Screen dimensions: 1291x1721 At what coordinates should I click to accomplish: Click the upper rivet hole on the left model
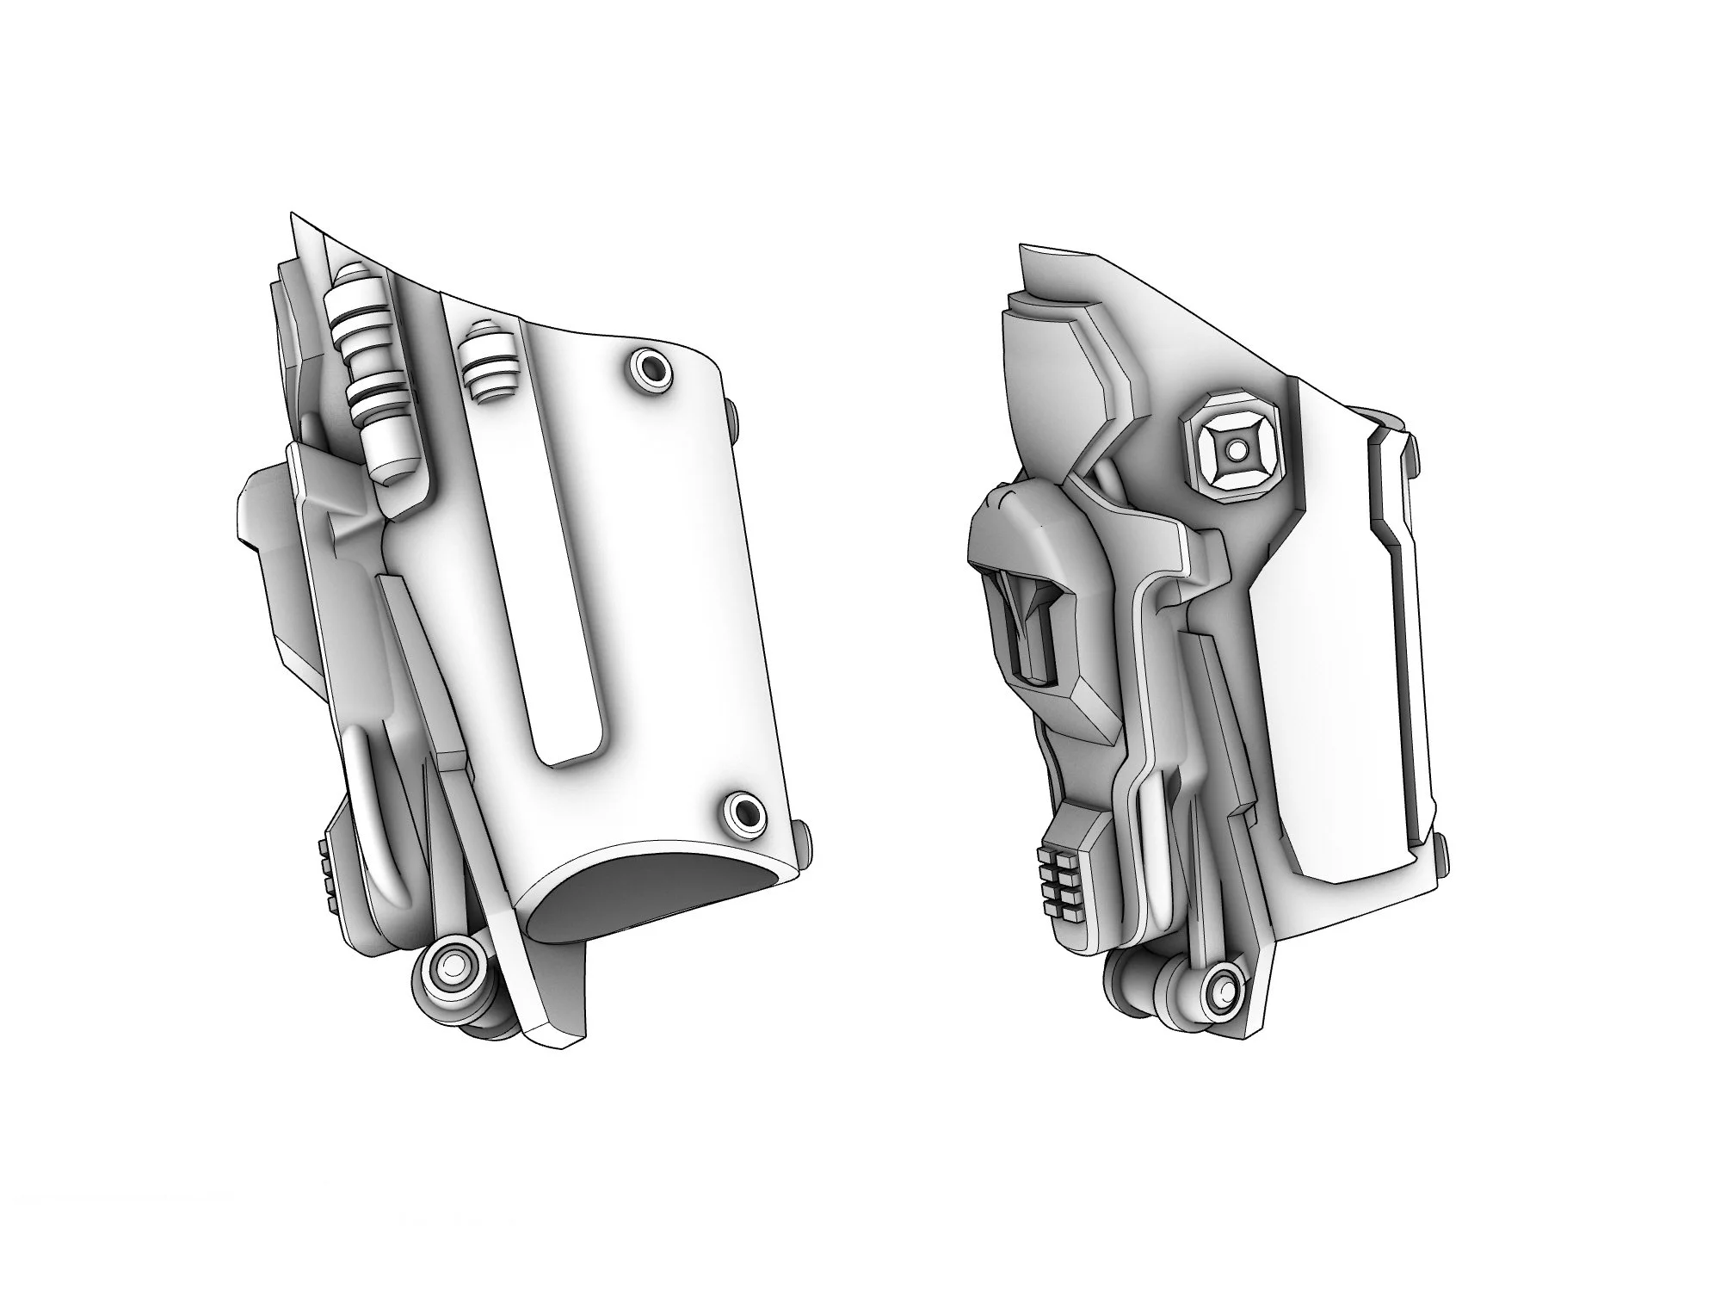click(x=649, y=369)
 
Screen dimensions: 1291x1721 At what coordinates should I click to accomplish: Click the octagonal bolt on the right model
click(x=1237, y=449)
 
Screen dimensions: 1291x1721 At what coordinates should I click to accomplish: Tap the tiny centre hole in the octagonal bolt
click(x=1237, y=449)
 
